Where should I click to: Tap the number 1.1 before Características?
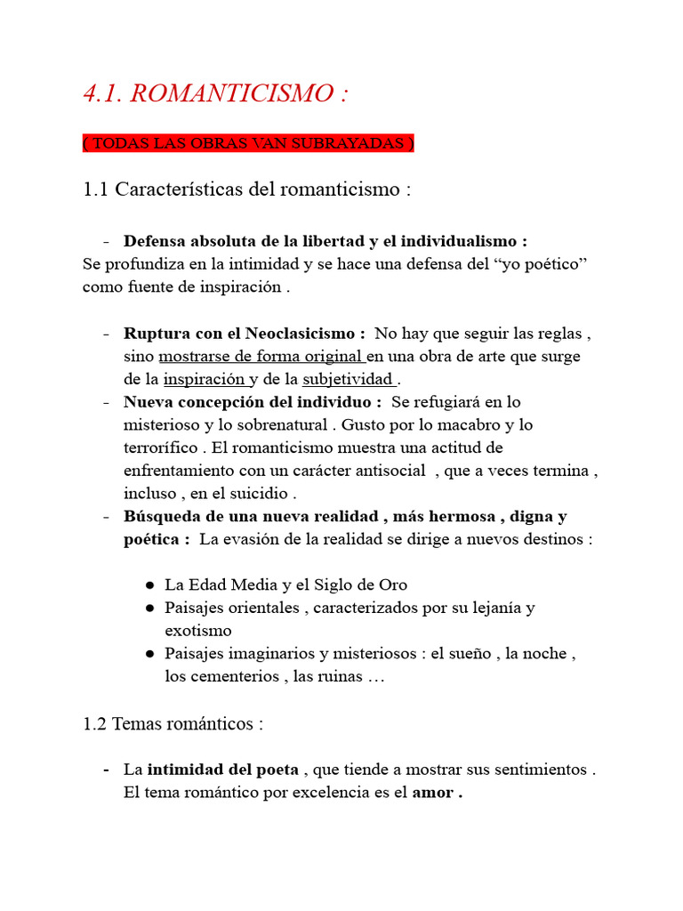coord(95,189)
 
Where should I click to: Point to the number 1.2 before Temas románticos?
coord(95,723)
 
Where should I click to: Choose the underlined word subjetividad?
coord(348,379)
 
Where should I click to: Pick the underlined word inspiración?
coord(203,379)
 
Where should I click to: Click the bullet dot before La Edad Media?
coord(149,585)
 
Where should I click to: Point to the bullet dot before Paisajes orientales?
coord(149,609)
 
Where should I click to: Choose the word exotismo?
coord(197,631)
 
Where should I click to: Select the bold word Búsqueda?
coord(159,516)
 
